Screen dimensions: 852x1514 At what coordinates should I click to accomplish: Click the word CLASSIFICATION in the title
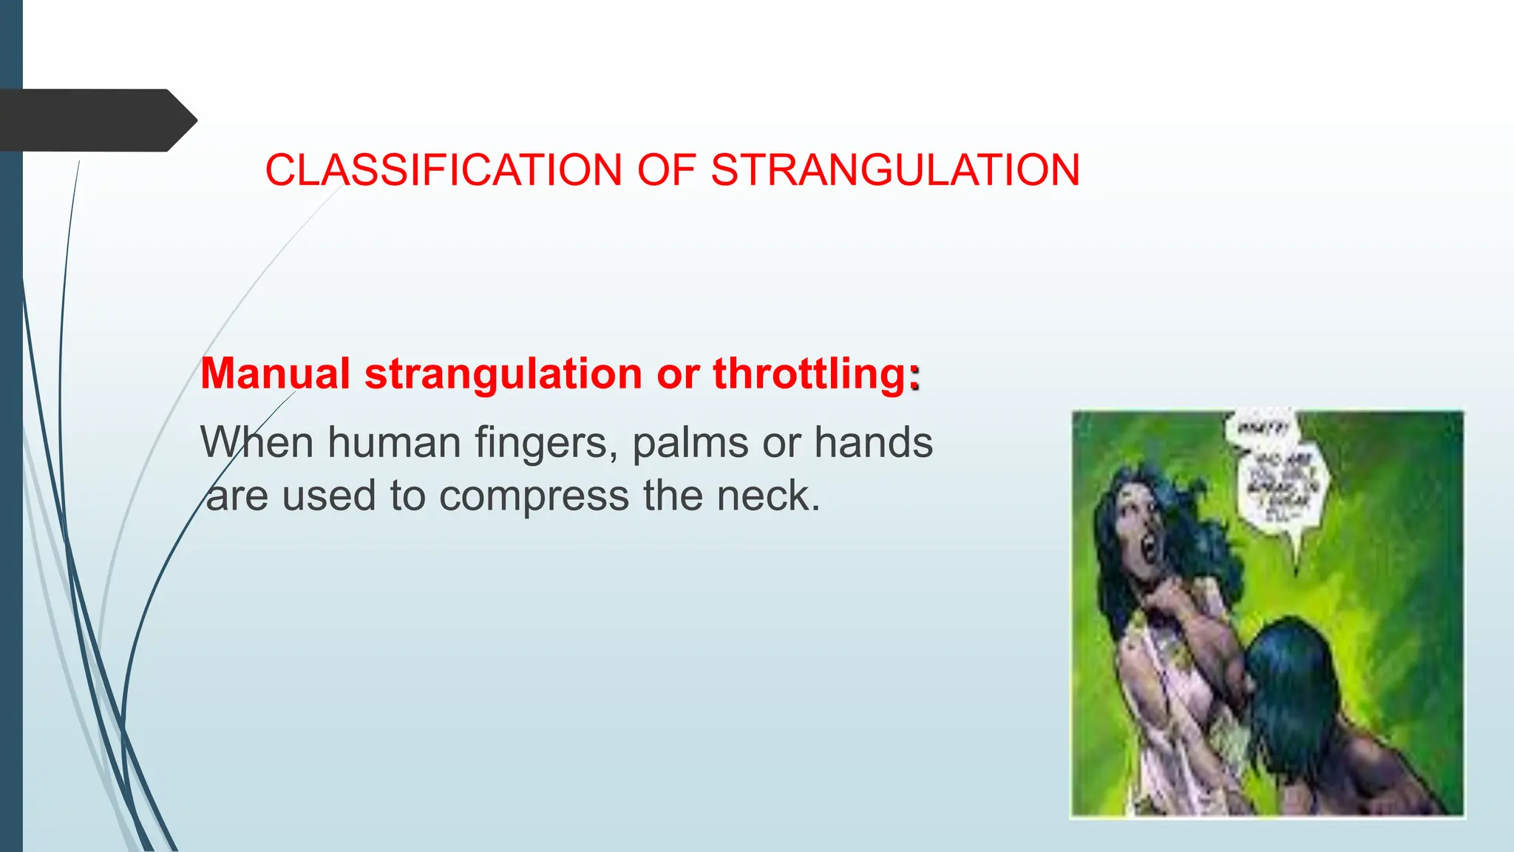click(x=443, y=170)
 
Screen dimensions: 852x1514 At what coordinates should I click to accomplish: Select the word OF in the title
click(x=666, y=170)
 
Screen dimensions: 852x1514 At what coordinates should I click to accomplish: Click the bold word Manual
click(x=275, y=373)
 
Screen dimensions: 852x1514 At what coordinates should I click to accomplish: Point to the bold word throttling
click(x=809, y=373)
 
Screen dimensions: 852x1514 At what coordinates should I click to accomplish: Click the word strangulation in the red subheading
click(x=503, y=373)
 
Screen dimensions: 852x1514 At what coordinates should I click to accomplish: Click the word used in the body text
click(x=329, y=496)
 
